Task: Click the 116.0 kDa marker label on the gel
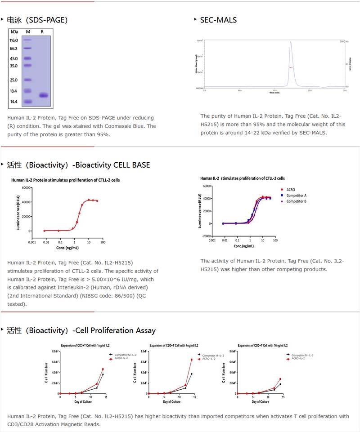pos(13,40)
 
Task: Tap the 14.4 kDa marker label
pos(13,102)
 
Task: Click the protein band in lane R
pos(43,95)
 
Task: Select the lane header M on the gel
pos(28,32)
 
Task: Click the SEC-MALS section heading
pos(218,20)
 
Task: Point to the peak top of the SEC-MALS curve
pos(291,42)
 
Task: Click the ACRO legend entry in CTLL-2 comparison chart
pos(291,190)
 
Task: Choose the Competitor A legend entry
pos(296,196)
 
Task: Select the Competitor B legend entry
pos(296,201)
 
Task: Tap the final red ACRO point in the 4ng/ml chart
pos(191,360)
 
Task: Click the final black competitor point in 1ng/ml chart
pos(103,374)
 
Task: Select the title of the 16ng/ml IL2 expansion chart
pos(262,346)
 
